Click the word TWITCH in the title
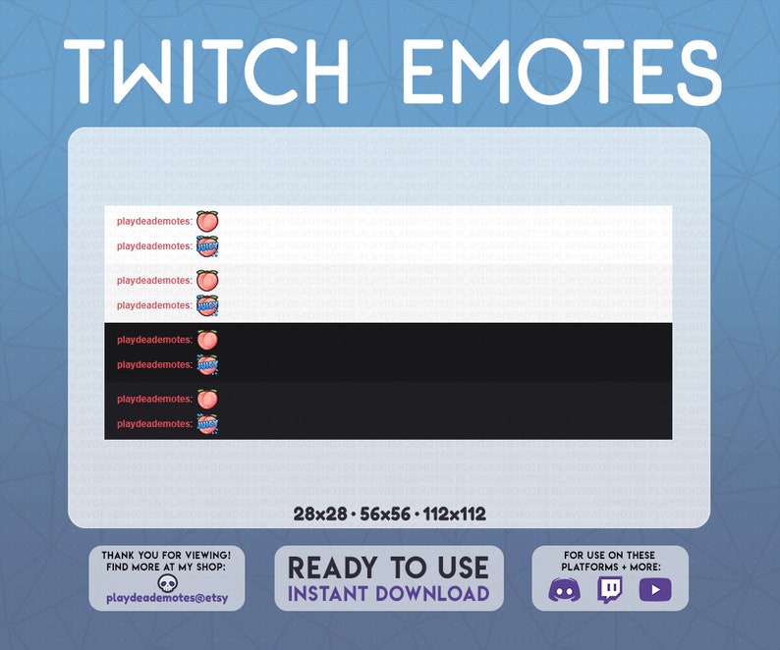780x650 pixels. pos(206,73)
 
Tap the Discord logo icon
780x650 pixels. pos(564,590)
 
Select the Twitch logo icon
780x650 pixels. pos(610,589)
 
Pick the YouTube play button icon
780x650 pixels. pos(654,589)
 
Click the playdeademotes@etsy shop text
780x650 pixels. pos(168,597)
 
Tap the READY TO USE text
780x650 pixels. pos(388,568)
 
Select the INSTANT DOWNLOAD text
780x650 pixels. pos(388,593)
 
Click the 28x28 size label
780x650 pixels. pos(320,515)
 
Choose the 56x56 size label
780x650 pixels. pos(384,515)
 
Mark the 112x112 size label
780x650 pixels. pos(455,515)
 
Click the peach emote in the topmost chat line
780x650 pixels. pos(206,221)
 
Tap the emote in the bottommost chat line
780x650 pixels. pos(206,424)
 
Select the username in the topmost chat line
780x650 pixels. pos(154,221)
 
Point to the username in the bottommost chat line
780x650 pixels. pos(154,424)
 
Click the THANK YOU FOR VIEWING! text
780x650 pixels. pos(167,556)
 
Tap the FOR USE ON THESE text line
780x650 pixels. pos(610,556)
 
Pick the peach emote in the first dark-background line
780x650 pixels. pos(206,340)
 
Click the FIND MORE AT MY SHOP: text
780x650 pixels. pos(167,568)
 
